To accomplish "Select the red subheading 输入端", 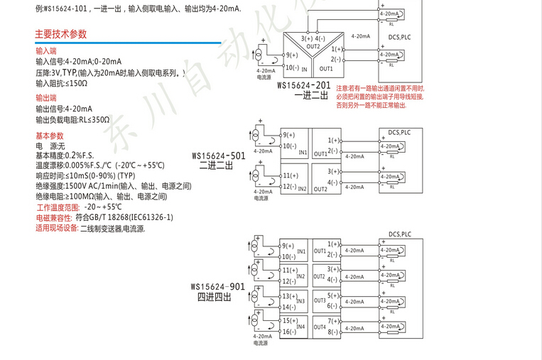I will point(46,51).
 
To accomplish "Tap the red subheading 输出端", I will point(46,98).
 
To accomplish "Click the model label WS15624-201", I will point(303,85).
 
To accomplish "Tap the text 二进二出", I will point(216,165).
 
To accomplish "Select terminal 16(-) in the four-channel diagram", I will point(288,332).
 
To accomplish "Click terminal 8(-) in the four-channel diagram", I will point(334,331).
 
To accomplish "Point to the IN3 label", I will point(300,301).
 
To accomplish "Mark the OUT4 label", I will point(319,327).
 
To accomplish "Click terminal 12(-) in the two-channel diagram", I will point(288,186).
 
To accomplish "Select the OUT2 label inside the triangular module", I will point(313,45).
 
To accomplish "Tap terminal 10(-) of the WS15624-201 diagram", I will point(291,67).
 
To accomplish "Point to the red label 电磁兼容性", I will point(54,218).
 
